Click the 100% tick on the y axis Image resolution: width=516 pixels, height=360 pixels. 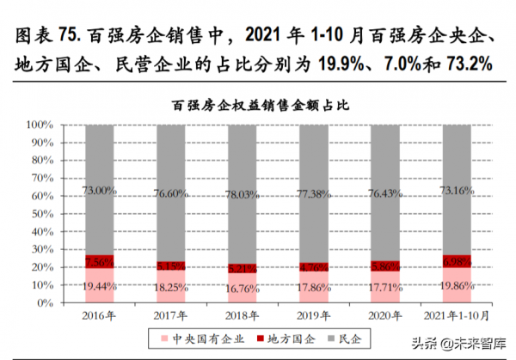(40, 125)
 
